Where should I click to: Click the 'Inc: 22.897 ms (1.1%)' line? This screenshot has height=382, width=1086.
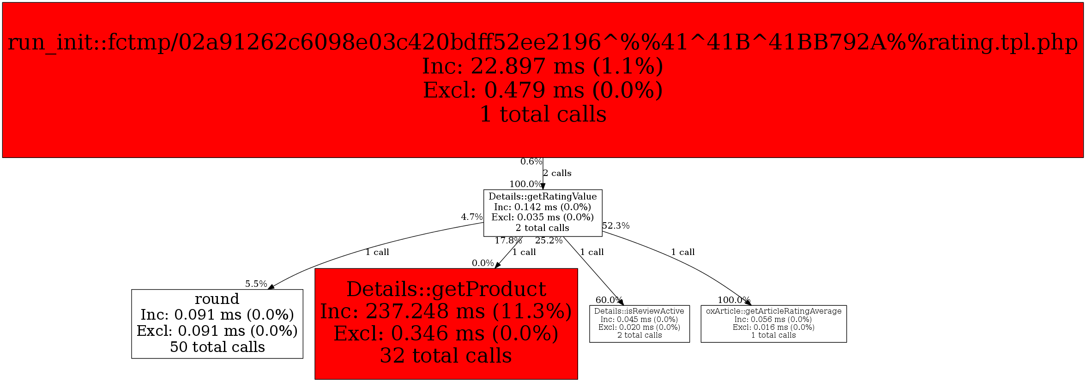543,66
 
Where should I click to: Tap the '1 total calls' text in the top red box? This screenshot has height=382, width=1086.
543,114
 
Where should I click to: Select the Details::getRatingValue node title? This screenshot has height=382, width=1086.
543,197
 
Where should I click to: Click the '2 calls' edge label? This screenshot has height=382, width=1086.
557,173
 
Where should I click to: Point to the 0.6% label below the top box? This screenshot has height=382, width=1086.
531,162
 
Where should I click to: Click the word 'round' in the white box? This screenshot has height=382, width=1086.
217,299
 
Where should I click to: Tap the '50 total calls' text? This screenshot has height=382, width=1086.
217,347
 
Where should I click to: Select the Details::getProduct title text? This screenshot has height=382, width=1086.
446,290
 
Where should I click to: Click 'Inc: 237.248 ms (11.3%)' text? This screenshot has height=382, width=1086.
446,311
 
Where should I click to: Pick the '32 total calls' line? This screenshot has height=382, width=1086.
446,356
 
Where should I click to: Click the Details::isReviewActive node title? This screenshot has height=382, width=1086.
639,311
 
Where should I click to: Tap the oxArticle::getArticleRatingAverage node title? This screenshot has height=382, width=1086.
773,311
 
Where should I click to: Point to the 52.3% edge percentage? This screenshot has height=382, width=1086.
615,226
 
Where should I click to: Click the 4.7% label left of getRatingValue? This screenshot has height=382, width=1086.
471,217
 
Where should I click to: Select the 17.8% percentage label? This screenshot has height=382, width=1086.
508,241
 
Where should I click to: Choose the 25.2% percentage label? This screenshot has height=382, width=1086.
549,241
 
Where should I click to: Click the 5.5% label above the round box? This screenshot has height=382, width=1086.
256,284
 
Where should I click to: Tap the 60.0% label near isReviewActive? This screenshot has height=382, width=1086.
609,300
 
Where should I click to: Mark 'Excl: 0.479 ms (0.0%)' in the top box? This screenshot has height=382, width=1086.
543,90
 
